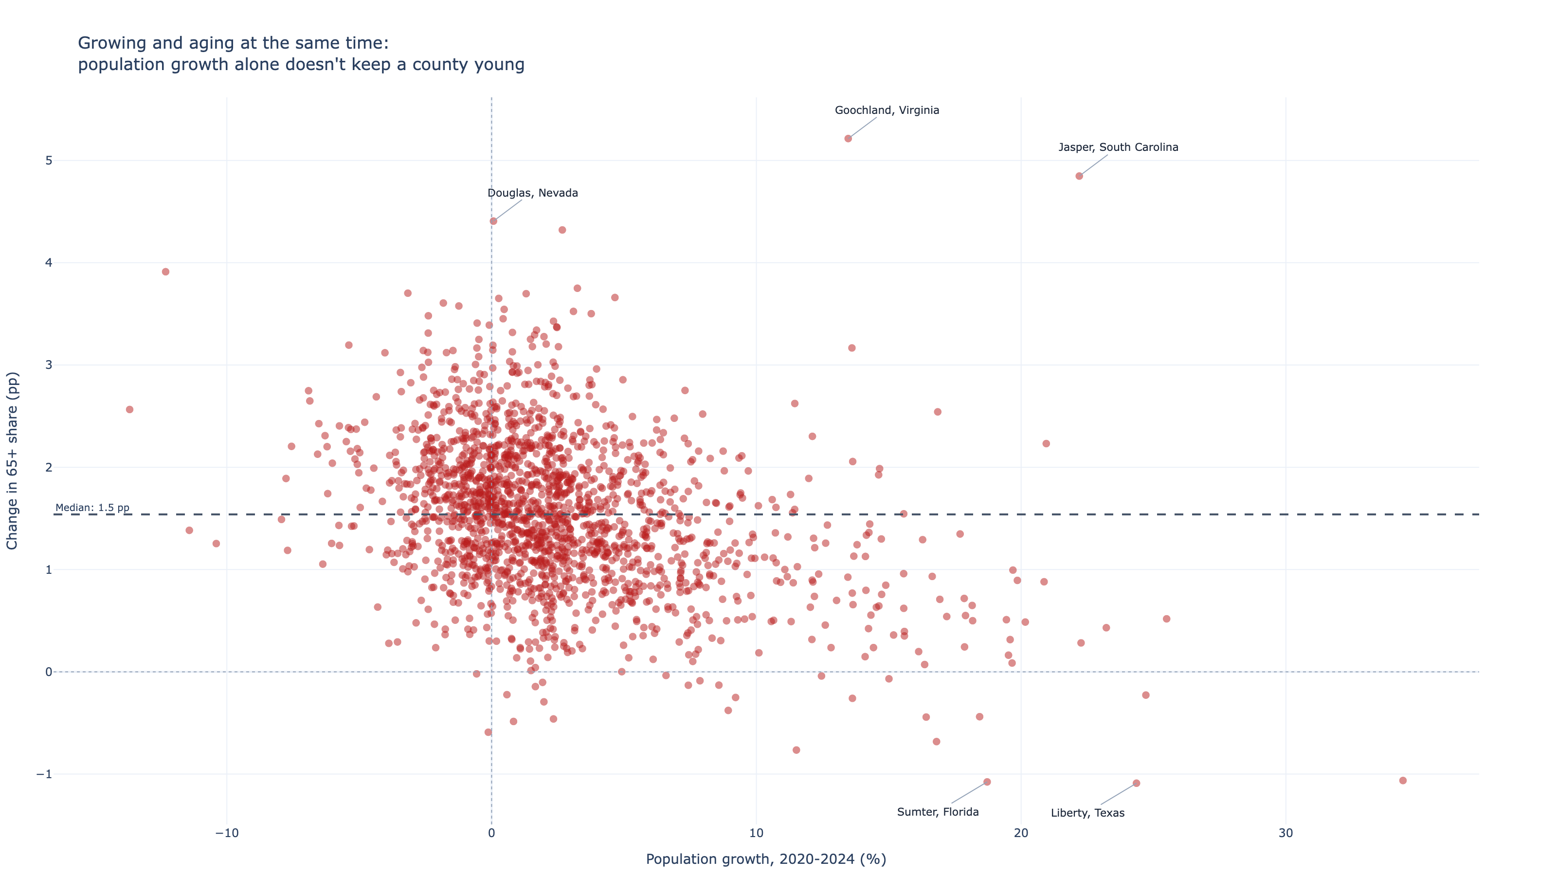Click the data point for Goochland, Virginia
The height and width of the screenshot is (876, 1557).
pos(848,138)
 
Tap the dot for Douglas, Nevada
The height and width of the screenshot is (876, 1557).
pos(493,221)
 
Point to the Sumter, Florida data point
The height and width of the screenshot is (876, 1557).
pos(987,782)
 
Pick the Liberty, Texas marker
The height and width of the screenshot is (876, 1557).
pos(1136,783)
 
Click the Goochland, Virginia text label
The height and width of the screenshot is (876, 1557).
pos(887,110)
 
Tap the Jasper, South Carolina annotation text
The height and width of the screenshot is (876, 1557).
pos(1118,147)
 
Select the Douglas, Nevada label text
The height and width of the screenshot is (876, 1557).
pos(532,193)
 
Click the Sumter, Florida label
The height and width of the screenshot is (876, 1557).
pos(938,812)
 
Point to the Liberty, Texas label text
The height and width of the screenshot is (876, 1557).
pos(1087,813)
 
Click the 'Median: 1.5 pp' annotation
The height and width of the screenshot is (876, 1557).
pos(92,507)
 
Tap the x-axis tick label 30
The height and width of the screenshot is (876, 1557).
pos(1285,833)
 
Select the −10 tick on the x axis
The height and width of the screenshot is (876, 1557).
pos(227,833)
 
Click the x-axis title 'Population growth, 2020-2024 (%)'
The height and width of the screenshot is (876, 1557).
pos(766,859)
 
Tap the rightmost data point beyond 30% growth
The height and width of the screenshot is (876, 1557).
pos(1403,781)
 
